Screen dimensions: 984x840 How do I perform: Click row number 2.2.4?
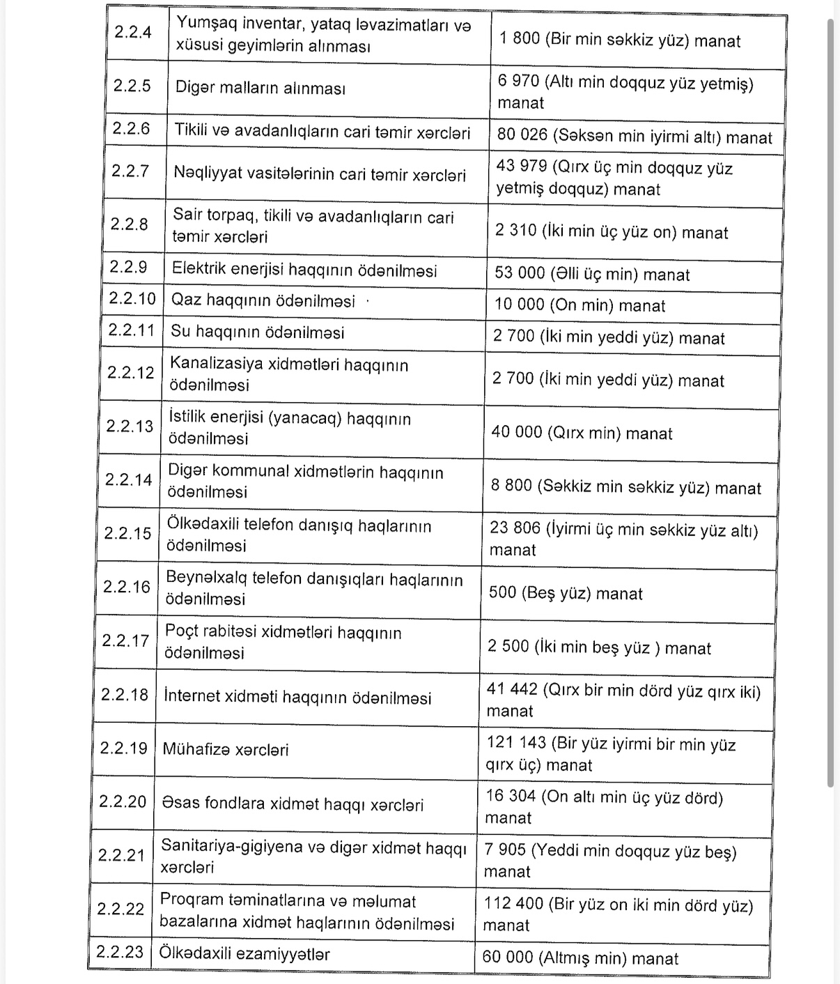[132, 32]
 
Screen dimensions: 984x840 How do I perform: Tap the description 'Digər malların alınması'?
[260, 88]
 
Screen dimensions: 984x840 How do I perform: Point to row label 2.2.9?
[128, 267]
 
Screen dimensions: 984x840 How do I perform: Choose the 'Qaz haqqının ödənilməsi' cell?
[263, 301]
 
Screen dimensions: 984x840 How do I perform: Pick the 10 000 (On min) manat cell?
[580, 305]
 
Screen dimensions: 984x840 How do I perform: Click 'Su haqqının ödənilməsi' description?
[257, 332]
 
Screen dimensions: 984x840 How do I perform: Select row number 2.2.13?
[129, 426]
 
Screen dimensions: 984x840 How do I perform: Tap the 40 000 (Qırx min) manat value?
[582, 433]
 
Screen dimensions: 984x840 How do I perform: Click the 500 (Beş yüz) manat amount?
[565, 593]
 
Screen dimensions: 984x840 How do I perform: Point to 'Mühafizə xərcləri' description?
[225, 750]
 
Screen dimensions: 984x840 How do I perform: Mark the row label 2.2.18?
[124, 695]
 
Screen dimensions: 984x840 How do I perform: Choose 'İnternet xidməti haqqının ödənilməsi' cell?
[297, 698]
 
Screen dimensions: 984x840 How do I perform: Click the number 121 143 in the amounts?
[516, 743]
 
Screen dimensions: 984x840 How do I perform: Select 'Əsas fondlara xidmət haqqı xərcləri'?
[292, 804]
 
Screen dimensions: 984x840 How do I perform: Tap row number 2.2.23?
[119, 952]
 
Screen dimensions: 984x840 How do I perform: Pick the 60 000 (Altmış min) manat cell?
[580, 958]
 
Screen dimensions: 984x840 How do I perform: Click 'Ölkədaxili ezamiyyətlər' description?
[244, 953]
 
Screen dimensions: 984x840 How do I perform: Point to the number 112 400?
[513, 904]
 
